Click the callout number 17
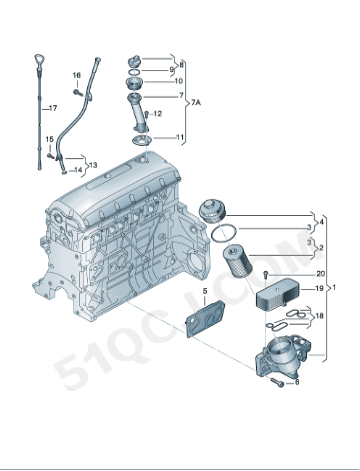coord(53,108)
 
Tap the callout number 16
coord(77,75)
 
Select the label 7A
coord(196,103)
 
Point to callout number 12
coord(158,114)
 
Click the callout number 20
coord(320,274)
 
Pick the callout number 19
coord(319,288)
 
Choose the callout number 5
coord(205,291)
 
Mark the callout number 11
coord(180,137)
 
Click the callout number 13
coord(93,165)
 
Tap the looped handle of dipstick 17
coord(39,60)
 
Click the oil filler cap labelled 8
coord(134,61)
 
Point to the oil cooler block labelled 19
coord(277,294)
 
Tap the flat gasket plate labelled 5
coord(205,318)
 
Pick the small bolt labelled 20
coord(266,275)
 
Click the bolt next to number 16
coord(78,92)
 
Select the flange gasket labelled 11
coord(142,141)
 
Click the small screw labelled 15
coord(50,155)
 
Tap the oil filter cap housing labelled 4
coord(213,211)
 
